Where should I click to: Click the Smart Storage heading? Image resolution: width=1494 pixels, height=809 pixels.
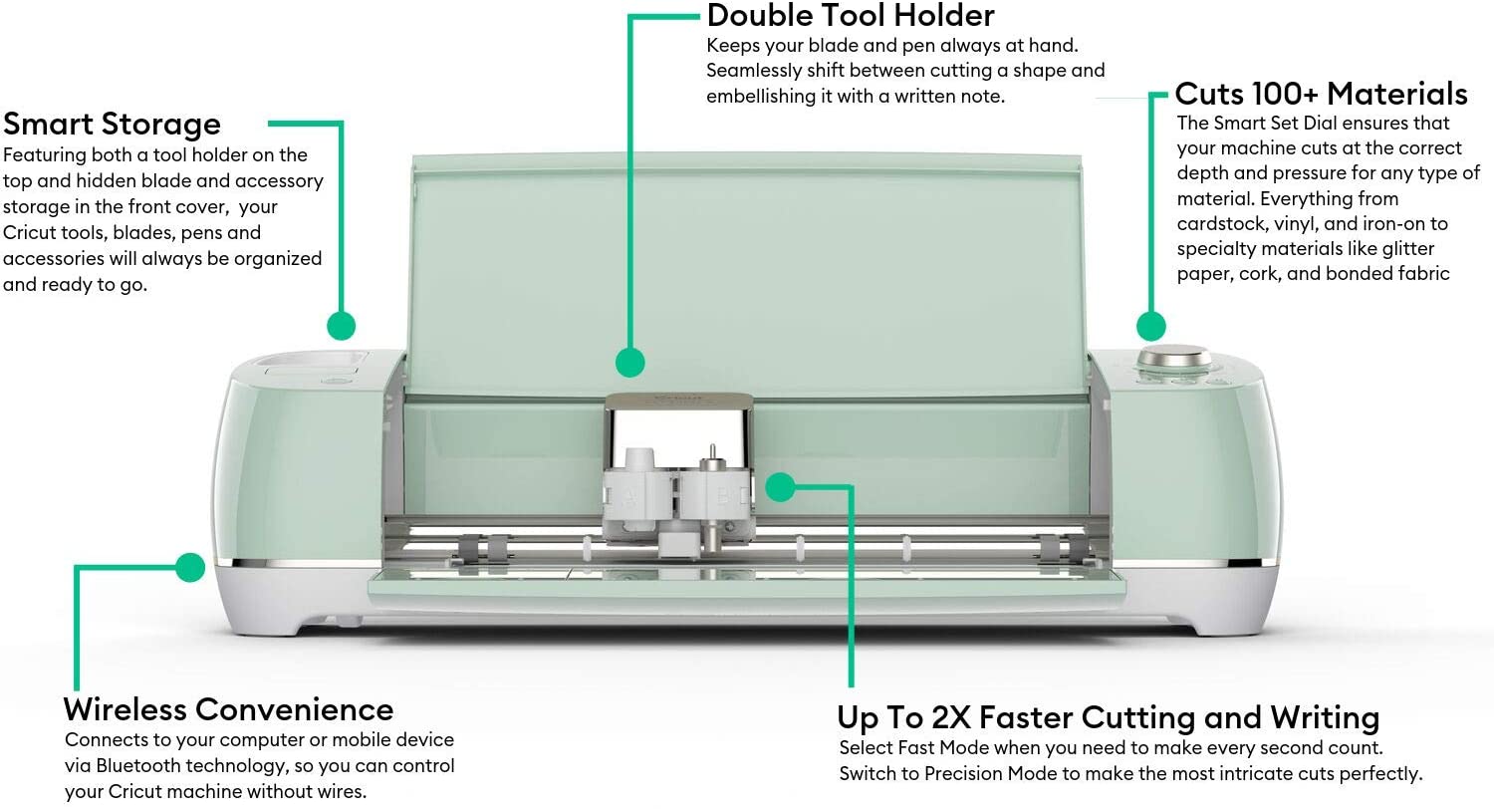(x=112, y=125)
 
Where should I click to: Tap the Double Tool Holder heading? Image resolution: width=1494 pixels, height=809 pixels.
(x=851, y=15)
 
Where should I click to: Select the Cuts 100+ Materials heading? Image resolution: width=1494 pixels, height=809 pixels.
(x=1322, y=94)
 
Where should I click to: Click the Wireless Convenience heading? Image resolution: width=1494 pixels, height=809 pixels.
(x=228, y=709)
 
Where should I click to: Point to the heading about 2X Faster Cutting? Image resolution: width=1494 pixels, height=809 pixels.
(x=1108, y=717)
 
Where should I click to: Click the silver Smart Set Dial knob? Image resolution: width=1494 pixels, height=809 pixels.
(x=1174, y=356)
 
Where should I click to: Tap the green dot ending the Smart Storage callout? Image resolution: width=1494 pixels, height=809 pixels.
(x=342, y=326)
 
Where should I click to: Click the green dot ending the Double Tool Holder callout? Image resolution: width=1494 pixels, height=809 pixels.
(x=630, y=363)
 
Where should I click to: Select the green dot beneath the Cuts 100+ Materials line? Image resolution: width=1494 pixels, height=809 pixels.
(x=1151, y=327)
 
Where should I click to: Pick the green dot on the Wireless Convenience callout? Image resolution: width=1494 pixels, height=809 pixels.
(x=191, y=568)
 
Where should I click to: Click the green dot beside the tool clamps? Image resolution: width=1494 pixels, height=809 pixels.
(x=780, y=487)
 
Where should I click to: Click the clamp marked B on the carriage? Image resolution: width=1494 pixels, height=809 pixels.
(x=716, y=497)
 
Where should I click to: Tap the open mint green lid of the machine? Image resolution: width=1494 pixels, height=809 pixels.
(x=747, y=273)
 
